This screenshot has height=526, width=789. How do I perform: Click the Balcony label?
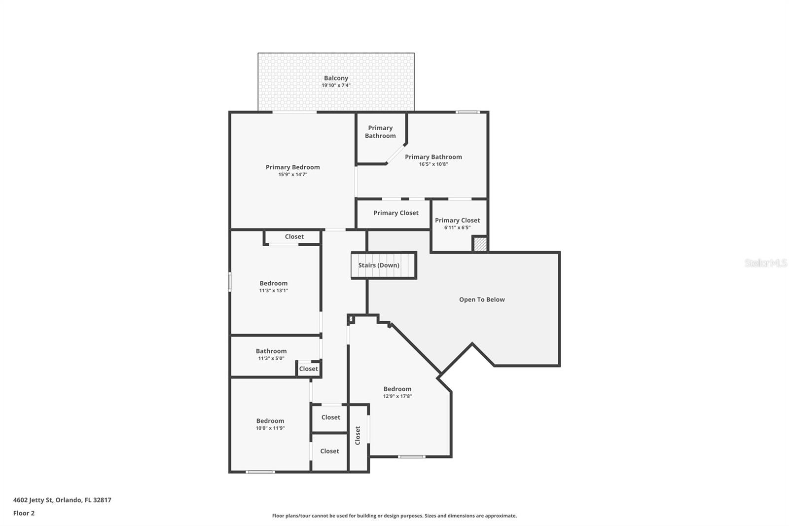(336, 78)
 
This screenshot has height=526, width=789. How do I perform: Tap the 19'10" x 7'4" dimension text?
(336, 85)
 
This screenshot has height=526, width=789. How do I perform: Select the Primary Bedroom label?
(293, 167)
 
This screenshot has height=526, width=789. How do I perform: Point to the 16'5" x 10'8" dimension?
(433, 164)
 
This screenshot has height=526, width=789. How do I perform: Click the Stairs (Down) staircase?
(384, 265)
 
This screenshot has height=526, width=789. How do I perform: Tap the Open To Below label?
(482, 300)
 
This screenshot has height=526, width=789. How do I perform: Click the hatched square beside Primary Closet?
(480, 244)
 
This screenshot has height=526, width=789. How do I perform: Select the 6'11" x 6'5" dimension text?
(457, 227)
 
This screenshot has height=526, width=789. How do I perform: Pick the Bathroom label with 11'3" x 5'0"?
(271, 351)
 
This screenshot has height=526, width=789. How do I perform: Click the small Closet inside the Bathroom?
(309, 369)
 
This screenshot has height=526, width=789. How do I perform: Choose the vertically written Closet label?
(358, 435)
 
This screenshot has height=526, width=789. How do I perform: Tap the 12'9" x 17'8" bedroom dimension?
(397, 396)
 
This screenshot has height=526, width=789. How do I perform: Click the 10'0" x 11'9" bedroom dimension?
(270, 428)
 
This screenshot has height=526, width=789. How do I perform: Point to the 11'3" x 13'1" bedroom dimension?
(274, 291)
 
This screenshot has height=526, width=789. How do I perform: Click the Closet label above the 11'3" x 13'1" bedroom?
(294, 236)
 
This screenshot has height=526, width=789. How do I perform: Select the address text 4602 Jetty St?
(33, 500)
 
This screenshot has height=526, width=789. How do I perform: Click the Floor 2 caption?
(24, 513)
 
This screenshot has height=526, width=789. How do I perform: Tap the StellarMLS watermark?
(766, 263)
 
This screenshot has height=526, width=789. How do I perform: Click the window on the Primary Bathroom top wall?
(467, 112)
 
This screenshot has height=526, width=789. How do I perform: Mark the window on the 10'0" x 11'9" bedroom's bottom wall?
(260, 472)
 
